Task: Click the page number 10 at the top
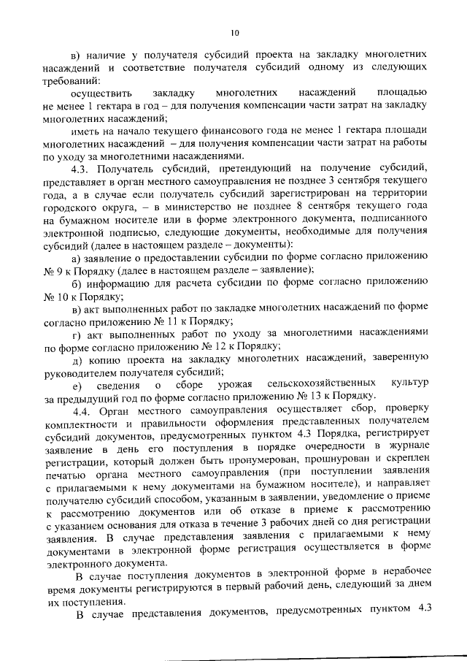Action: click(233, 32)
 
